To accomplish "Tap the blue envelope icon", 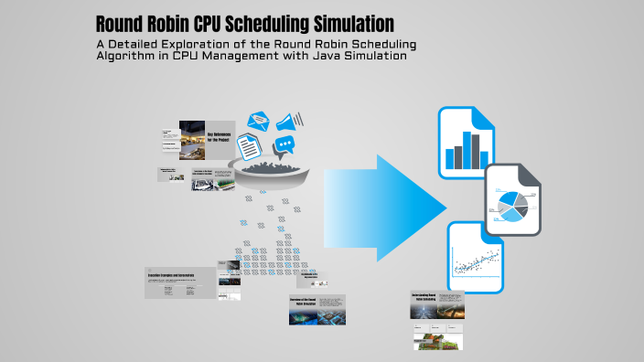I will coord(258,120).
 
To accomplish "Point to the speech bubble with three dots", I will coord(285,145).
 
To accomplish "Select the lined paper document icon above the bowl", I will coord(248,147).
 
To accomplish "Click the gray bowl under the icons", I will coord(274,174).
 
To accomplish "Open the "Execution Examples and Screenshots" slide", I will coord(181,282).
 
